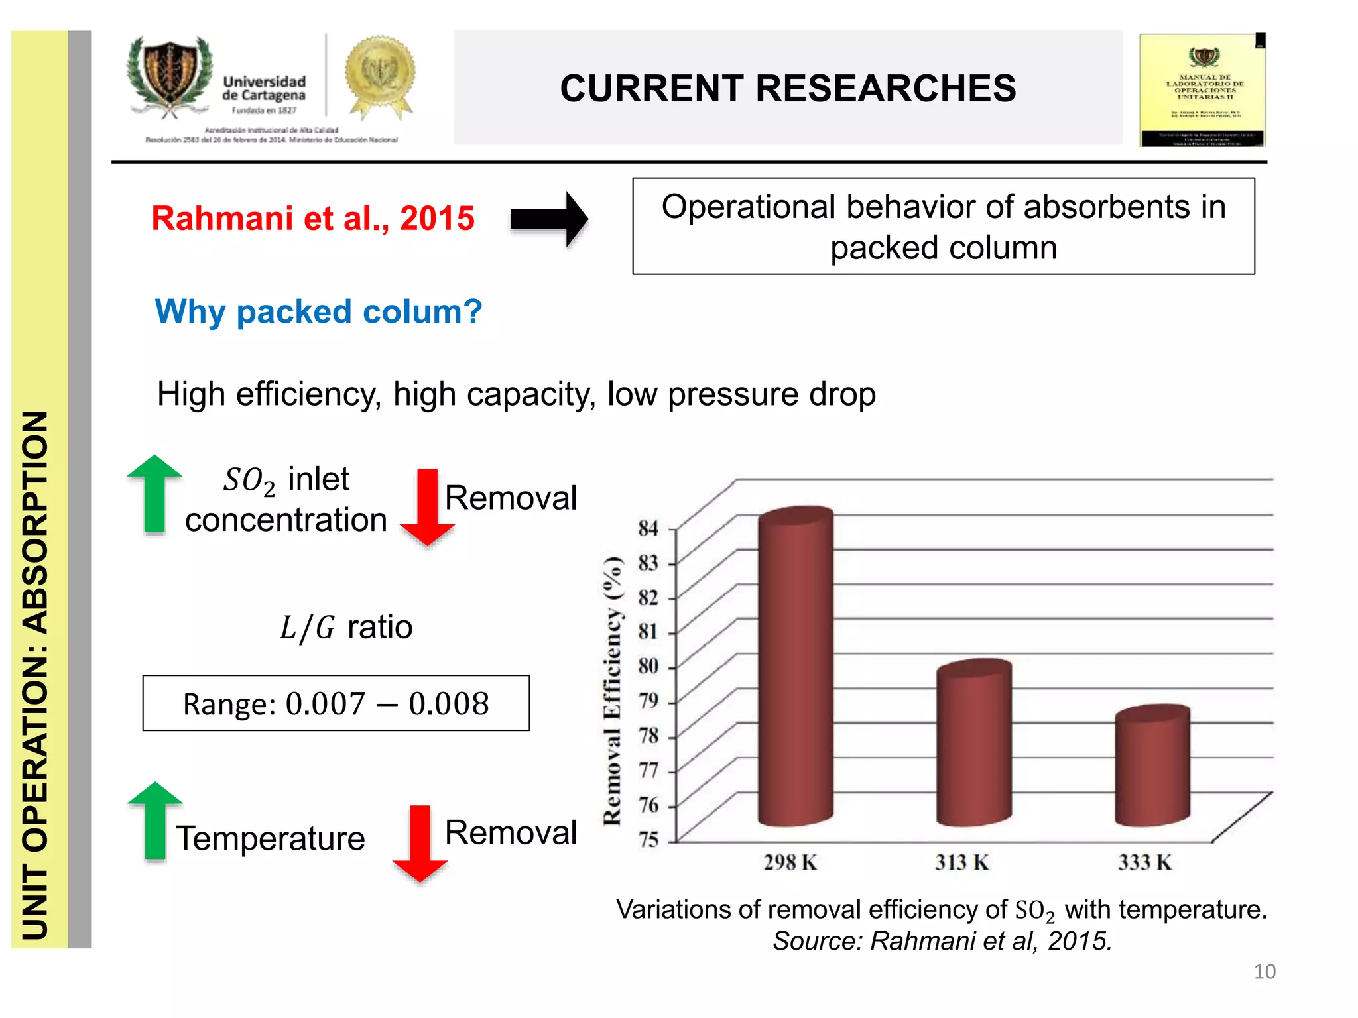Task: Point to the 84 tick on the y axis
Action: click(648, 528)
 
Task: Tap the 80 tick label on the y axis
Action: click(648, 666)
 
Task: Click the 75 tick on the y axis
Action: click(648, 840)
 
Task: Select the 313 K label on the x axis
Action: click(961, 862)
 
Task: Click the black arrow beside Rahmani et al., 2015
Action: click(549, 219)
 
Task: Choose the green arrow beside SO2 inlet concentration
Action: click(154, 494)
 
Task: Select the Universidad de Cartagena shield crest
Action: click(170, 76)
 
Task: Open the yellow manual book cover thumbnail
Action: click(1202, 91)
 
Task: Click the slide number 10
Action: click(1264, 972)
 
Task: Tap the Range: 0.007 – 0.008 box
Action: click(336, 703)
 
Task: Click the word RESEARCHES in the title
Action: click(885, 88)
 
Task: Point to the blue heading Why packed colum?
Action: click(318, 311)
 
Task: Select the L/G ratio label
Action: click(345, 627)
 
